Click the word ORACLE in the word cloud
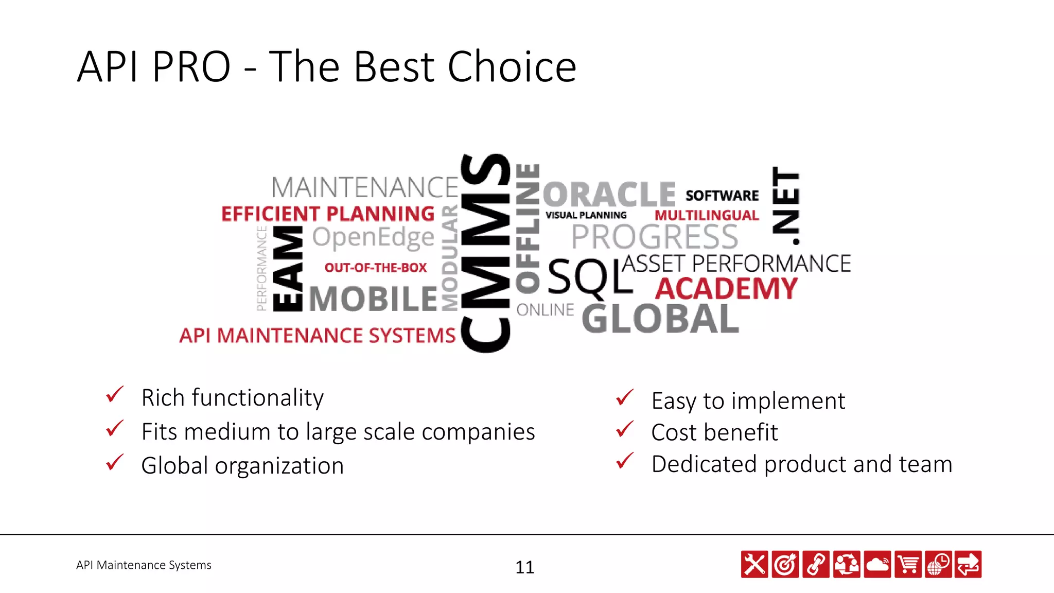(609, 195)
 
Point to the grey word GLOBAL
(660, 319)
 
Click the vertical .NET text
(786, 206)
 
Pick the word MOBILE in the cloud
(373, 299)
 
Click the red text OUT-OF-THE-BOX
(376, 268)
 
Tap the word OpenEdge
(373, 238)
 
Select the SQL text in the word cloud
(590, 277)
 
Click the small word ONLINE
(545, 310)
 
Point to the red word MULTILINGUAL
(707, 215)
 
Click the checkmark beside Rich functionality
(114, 395)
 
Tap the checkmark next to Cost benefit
(624, 429)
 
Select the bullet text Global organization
(242, 465)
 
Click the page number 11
(524, 567)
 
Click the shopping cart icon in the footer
(908, 564)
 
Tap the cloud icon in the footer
(877, 564)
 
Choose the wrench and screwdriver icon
(754, 564)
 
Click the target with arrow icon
(785, 564)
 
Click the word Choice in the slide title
(512, 67)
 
